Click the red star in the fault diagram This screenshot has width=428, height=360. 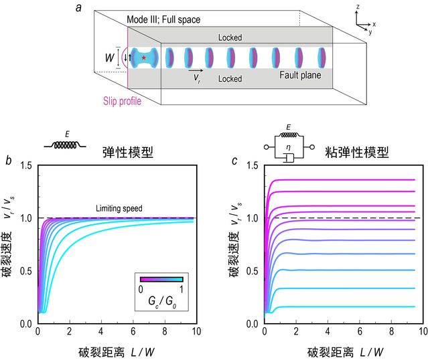[x=143, y=59]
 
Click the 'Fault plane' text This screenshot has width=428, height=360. [x=300, y=75]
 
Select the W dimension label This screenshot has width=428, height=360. [x=109, y=58]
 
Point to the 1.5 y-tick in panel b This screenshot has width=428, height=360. [x=13, y=165]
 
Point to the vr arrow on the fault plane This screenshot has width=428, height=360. [x=196, y=70]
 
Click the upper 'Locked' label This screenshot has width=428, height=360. [x=230, y=38]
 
